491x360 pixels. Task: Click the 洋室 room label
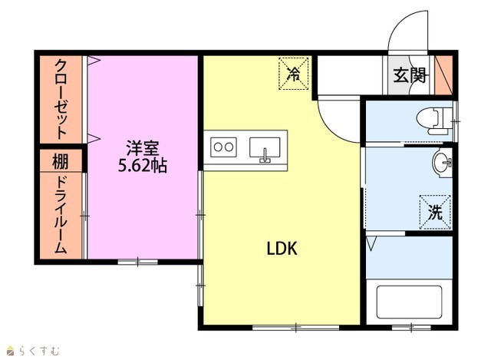[x=143, y=148]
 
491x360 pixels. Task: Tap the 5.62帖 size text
[x=143, y=166]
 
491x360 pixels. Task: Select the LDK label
[x=282, y=249]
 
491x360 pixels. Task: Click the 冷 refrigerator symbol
[x=293, y=74]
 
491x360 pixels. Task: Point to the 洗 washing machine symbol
[x=435, y=212]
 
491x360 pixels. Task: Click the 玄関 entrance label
[x=409, y=75]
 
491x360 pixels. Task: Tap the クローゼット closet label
[x=61, y=99]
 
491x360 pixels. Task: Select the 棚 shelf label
[x=60, y=162]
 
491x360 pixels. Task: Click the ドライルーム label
[x=61, y=215]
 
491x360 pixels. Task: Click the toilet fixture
[x=435, y=121]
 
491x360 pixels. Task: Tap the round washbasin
[x=443, y=163]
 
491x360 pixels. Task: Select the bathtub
[x=409, y=302]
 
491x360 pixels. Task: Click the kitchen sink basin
[x=265, y=147]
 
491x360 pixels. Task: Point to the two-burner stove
[x=223, y=147]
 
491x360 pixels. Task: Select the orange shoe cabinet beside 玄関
[x=443, y=75]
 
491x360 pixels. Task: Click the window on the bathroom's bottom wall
[x=411, y=328]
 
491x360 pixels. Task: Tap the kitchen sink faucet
[x=265, y=156]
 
